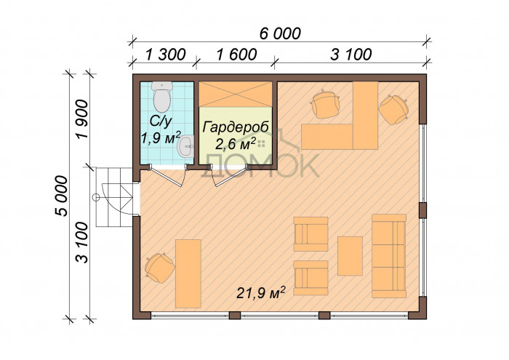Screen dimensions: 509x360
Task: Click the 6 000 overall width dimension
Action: (281, 33)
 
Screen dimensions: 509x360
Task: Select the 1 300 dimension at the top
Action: (166, 55)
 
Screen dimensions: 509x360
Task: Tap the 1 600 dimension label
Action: (236, 55)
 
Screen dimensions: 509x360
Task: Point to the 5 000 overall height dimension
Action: (61, 196)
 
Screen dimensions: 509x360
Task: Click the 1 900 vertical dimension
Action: (81, 119)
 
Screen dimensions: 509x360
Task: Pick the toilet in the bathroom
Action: (162, 96)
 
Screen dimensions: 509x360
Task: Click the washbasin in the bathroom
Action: (185, 146)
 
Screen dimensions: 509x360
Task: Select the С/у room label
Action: (161, 121)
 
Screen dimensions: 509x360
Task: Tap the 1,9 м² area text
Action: (161, 138)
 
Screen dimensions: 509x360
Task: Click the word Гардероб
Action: (236, 127)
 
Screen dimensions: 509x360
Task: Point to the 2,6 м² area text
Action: (236, 144)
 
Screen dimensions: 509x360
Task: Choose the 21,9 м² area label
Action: (261, 293)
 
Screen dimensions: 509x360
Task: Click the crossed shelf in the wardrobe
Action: (236, 94)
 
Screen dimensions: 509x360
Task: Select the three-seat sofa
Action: (389, 256)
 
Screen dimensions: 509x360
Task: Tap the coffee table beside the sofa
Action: (350, 256)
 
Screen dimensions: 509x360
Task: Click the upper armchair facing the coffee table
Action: (310, 234)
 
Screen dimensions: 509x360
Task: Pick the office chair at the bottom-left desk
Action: (159, 268)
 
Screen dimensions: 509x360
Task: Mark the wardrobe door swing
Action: (229, 175)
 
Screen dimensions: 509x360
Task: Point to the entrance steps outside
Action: (114, 197)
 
